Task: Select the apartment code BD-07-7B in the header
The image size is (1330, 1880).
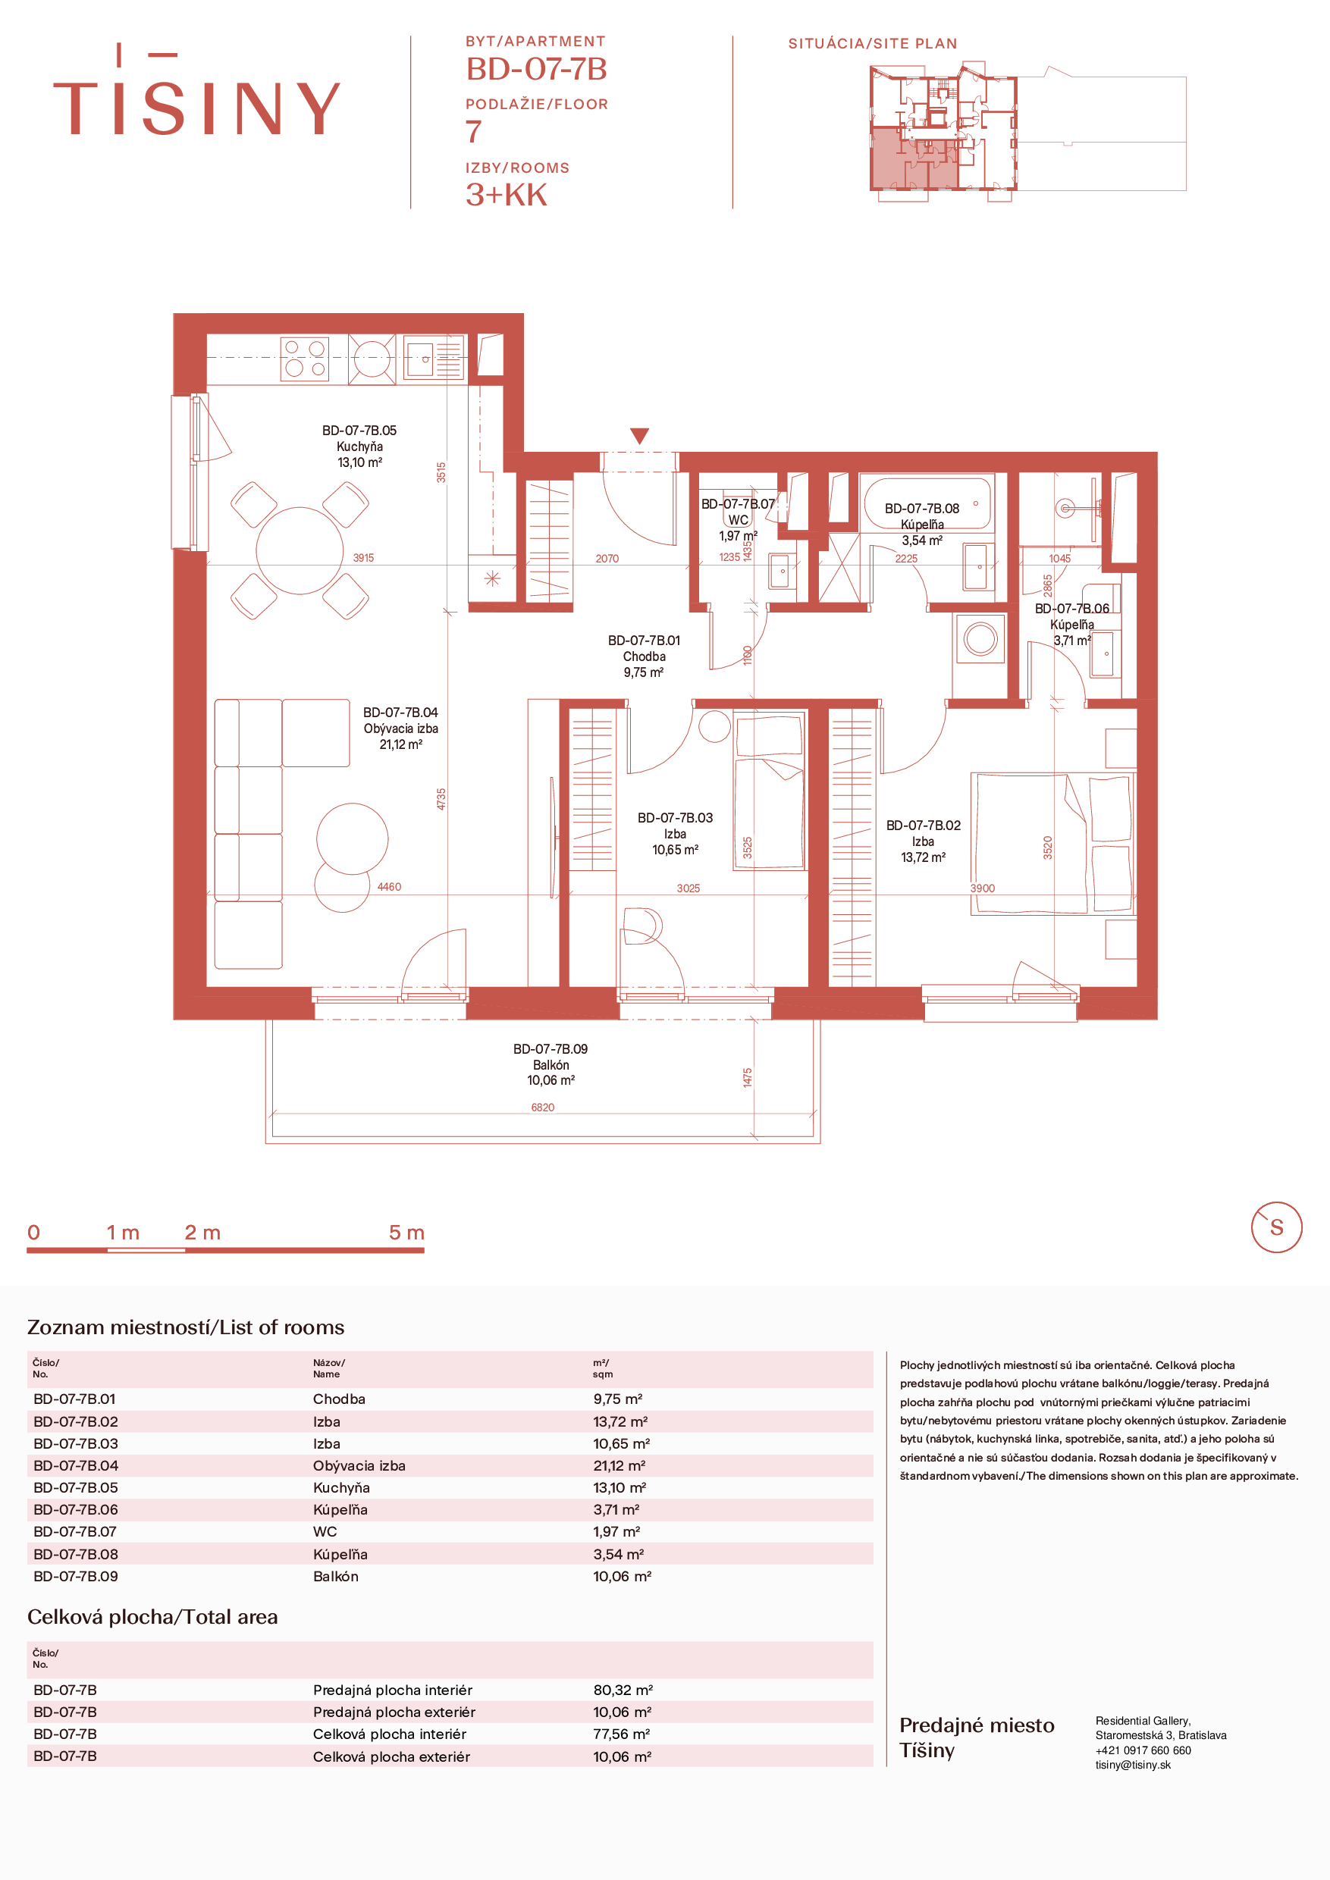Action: (536, 69)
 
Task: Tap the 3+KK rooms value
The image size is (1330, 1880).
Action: (506, 195)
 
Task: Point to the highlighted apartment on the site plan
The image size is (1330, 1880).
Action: (913, 160)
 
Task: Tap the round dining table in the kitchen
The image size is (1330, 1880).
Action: (299, 550)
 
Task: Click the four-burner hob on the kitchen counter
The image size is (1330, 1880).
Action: (305, 359)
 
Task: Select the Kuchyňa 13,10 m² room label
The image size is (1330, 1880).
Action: (359, 446)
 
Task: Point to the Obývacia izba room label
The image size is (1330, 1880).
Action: (400, 728)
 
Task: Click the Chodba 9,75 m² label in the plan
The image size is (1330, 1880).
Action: (644, 656)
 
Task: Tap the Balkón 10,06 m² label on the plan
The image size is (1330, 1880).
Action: (551, 1064)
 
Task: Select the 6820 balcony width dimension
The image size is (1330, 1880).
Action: (542, 1108)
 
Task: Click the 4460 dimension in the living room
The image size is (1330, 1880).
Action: (389, 887)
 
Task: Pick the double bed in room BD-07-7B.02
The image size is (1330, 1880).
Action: (1053, 844)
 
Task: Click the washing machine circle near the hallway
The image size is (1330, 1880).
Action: (980, 639)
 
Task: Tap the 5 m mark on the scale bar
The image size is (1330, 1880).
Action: (407, 1233)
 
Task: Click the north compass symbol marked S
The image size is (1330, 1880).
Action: (1276, 1227)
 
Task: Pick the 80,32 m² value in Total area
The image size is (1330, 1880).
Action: (623, 1689)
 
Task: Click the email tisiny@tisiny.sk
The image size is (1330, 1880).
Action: (1133, 1765)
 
